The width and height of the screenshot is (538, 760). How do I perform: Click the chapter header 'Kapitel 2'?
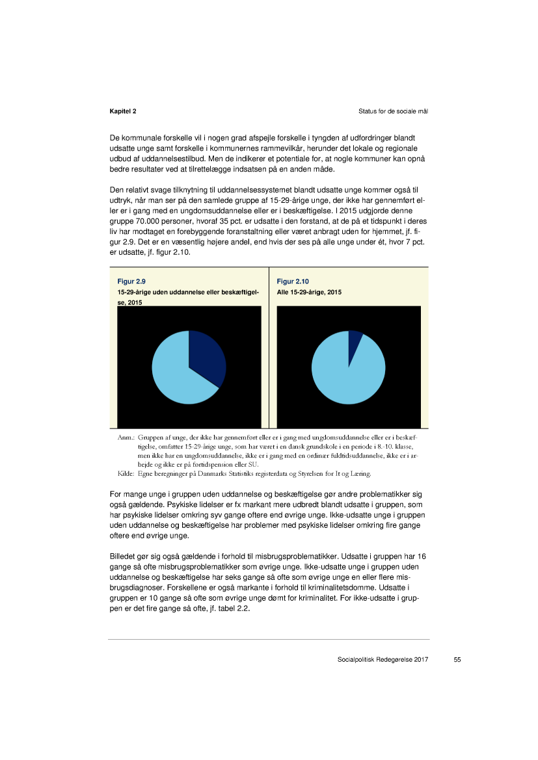(122, 112)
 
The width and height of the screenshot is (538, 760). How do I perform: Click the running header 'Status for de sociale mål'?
(392, 112)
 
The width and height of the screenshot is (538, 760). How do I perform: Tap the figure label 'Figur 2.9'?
(131, 282)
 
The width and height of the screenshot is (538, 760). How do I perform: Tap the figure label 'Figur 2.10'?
(293, 282)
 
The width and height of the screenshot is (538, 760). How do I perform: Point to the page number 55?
(457, 660)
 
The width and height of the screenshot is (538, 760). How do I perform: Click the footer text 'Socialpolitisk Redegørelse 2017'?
(383, 660)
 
